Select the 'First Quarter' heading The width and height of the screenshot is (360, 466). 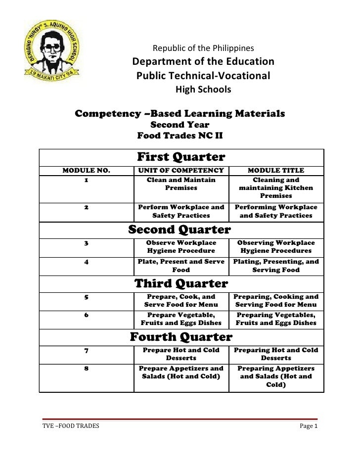coord(180,157)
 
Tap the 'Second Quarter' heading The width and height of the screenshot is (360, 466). coord(180,230)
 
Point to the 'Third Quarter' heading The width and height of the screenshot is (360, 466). coord(181,283)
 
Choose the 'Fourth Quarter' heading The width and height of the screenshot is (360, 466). coord(180,337)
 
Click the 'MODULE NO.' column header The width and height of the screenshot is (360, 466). coord(86,171)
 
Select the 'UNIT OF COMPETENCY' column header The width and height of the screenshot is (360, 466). coord(181,171)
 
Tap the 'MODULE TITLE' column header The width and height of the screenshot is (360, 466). coord(275,171)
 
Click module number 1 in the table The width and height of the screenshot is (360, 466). coord(86,180)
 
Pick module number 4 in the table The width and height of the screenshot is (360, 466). coord(86,262)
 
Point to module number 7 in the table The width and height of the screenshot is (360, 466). coord(86,350)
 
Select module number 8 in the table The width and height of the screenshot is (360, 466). coord(86,369)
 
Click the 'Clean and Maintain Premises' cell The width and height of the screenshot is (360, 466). coord(181,184)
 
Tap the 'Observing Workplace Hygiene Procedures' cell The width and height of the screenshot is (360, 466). coord(275,247)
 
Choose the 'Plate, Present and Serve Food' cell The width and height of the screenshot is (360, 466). coord(181,266)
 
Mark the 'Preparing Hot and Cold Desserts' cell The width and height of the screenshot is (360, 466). coord(275,354)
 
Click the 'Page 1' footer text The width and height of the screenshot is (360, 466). coord(309,426)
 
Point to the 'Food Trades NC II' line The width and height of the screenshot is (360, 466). coord(180,135)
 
